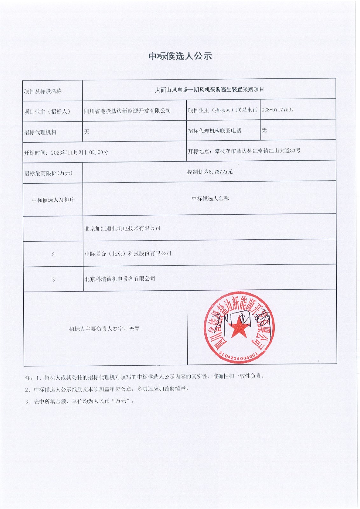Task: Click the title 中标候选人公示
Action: (180, 56)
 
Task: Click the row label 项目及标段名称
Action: (43, 91)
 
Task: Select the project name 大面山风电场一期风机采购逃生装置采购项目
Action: (209, 90)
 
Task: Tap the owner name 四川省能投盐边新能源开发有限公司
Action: (127, 111)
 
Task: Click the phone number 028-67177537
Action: (278, 110)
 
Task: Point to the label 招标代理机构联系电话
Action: (215, 131)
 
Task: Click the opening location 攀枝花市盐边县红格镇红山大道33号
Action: (257, 151)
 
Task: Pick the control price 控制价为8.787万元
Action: (210, 172)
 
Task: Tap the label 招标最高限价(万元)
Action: (48, 173)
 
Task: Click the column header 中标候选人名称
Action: (210, 199)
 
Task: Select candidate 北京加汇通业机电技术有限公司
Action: (122, 228)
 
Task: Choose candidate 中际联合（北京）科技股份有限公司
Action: (128, 254)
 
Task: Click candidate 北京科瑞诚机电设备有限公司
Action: (120, 279)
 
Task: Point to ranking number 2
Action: (53, 254)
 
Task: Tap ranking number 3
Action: (53, 280)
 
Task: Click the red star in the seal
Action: (238, 329)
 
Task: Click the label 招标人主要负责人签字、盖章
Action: (105, 329)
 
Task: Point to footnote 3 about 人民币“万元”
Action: (80, 401)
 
